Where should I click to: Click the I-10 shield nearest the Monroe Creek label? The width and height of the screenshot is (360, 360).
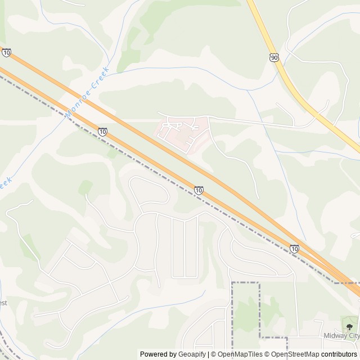[x=102, y=132]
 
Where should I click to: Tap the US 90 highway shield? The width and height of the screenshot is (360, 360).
[x=274, y=58]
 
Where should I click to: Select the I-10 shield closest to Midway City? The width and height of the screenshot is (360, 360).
[x=295, y=248]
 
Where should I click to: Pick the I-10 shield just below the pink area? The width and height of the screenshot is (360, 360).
[x=199, y=190]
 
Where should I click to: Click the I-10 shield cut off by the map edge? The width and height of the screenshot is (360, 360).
[x=6, y=52]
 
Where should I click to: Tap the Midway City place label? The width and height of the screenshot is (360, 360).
[x=341, y=336]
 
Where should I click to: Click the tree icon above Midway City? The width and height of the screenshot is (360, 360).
[x=349, y=326]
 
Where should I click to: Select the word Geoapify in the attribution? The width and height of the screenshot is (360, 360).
[x=191, y=354]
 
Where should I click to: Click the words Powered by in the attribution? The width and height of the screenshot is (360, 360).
[x=157, y=354]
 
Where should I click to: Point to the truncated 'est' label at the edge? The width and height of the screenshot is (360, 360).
[x=3, y=303]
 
